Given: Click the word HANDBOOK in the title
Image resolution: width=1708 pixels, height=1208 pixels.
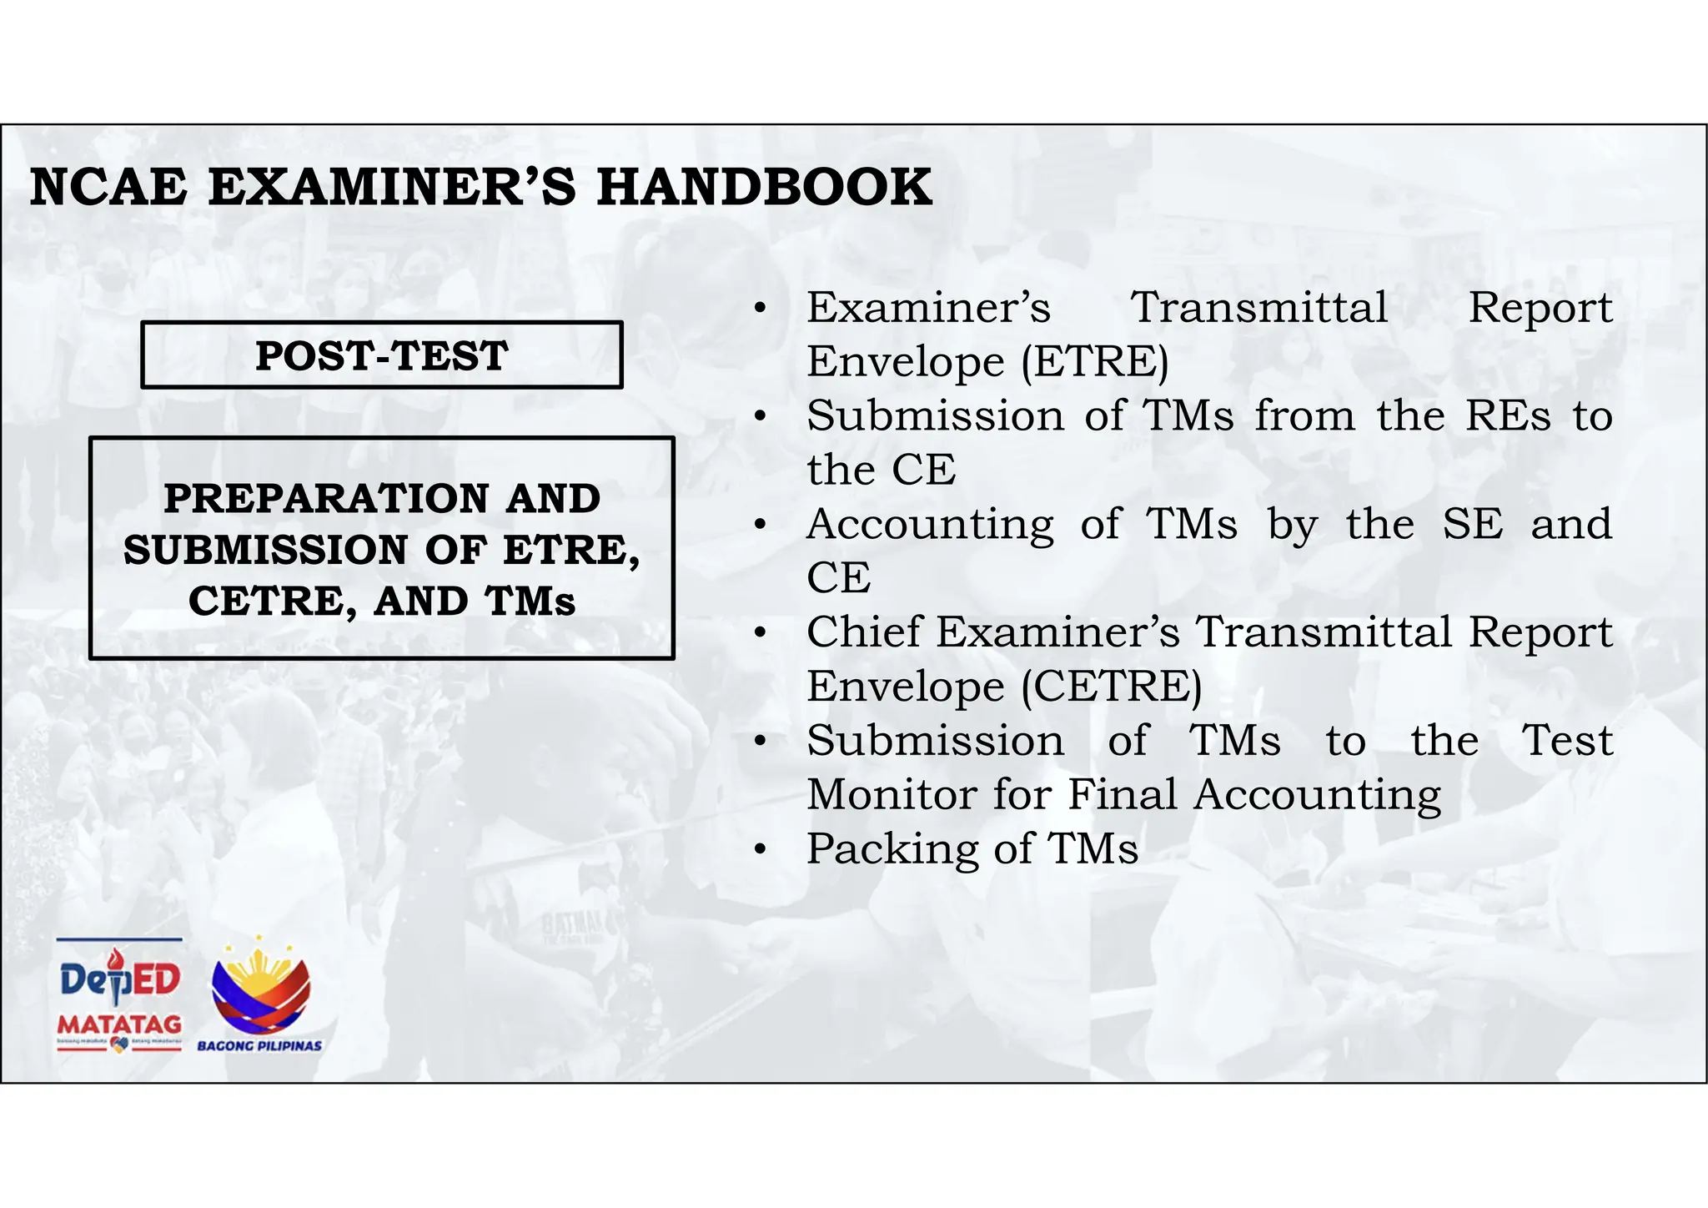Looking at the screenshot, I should pos(764,187).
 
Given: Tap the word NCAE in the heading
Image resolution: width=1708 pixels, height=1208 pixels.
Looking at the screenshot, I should pos(108,187).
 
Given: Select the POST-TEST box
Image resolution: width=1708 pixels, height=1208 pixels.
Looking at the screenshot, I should pos(382,355).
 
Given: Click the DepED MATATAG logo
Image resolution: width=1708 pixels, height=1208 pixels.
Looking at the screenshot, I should pos(119,996).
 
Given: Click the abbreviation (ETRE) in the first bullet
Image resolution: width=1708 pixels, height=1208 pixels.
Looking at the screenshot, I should pos(1095,362).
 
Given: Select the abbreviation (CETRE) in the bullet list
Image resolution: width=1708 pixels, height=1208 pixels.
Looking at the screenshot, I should pos(1112,687).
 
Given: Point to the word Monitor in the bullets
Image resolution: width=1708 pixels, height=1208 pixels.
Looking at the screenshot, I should pos(891,794).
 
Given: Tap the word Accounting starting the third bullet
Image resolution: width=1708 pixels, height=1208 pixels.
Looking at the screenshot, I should pos(930,525).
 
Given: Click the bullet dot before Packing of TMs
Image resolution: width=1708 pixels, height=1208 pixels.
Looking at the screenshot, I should pos(759,850).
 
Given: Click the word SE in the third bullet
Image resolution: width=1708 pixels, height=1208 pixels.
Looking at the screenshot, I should pos(1473,525).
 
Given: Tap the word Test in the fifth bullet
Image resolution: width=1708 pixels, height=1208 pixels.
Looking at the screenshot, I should pos(1568,741).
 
